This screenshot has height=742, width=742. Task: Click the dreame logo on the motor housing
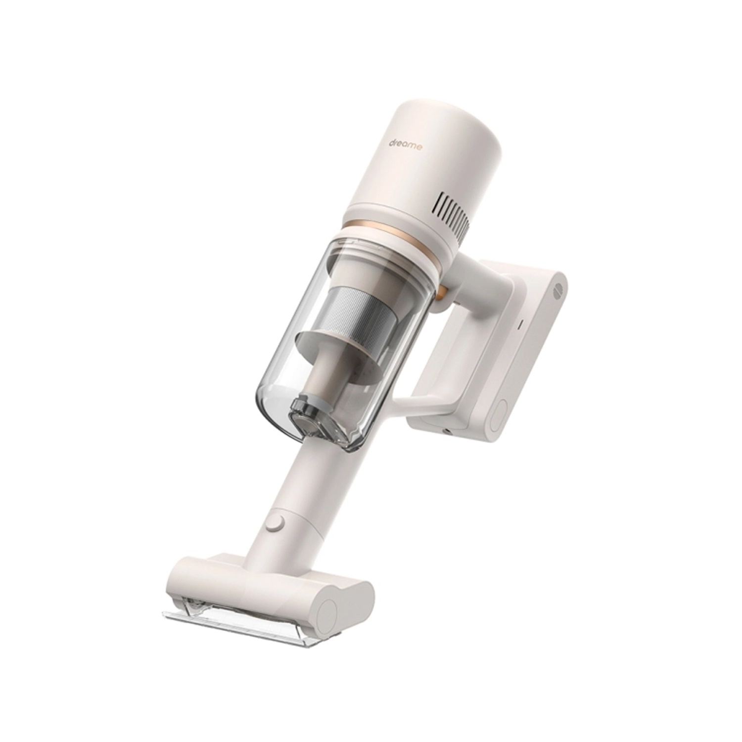click(x=404, y=146)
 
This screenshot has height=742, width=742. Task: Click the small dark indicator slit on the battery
click(x=519, y=326)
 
